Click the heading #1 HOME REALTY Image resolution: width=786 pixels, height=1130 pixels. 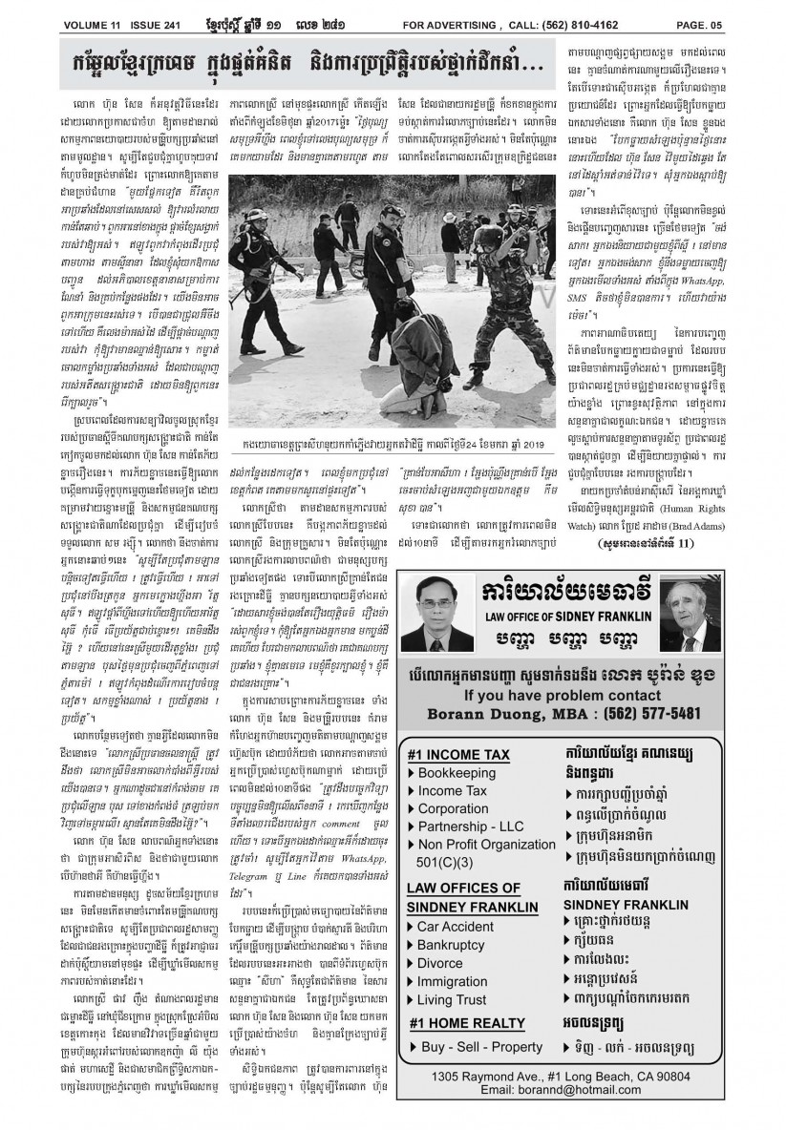[466, 1023]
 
